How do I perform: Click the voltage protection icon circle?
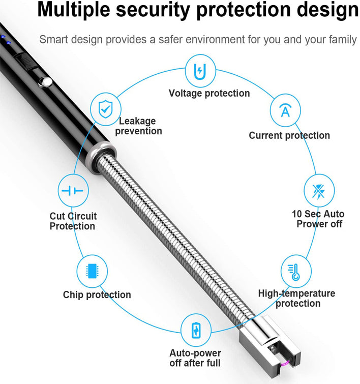point(200,71)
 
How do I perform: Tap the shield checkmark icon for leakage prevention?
point(106,109)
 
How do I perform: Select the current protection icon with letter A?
point(285,110)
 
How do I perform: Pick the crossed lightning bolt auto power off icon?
point(319,191)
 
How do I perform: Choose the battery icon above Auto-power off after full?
point(196,331)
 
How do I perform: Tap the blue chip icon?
point(92,271)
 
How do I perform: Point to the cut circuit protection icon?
point(73,191)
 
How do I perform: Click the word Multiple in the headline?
point(74,10)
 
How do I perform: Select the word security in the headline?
point(153,10)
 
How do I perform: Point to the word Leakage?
point(137,121)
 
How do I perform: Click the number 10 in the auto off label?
point(297,214)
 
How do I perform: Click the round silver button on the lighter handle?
point(45,82)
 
